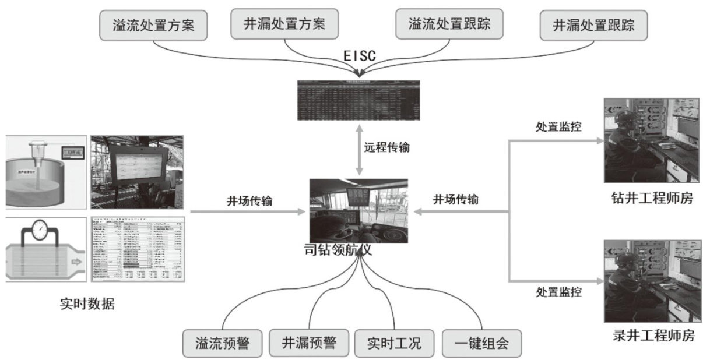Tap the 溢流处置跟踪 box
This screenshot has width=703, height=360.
tap(448, 24)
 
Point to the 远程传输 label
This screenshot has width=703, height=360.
tap(387, 147)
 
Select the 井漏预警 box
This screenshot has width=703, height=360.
tap(309, 342)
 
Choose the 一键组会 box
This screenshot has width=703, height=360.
tap(481, 343)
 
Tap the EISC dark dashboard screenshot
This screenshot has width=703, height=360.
tap(359, 101)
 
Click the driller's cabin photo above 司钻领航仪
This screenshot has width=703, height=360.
tap(358, 211)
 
